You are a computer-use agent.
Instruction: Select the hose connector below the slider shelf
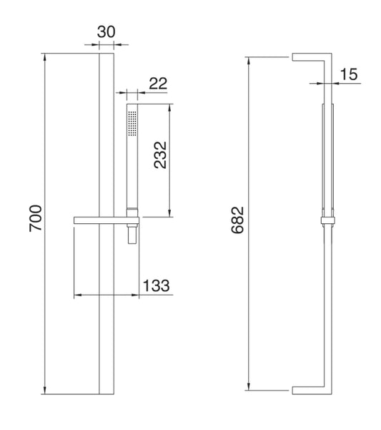click(132, 235)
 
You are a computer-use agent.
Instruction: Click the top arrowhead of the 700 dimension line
click(45, 56)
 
